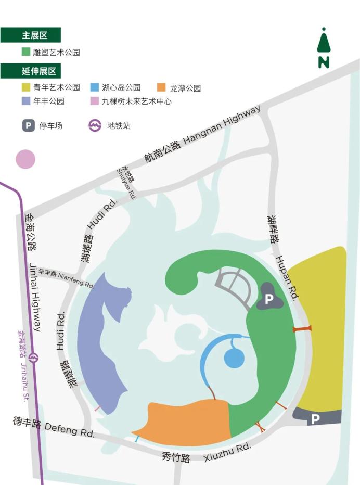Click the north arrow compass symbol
pyautogui.click(x=324, y=48)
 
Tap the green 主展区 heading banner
pyautogui.click(x=31, y=35)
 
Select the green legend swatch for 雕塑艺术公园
pyautogui.click(x=25, y=52)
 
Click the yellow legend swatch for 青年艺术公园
pyautogui.click(x=25, y=87)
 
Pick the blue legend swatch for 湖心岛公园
pyautogui.click(x=94, y=87)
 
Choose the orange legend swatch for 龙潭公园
pyautogui.click(x=161, y=87)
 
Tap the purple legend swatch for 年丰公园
pyautogui.click(x=25, y=101)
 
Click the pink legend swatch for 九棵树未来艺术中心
pyautogui.click(x=94, y=101)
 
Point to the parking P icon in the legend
pyautogui.click(x=29, y=125)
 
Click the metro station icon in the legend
pyautogui.click(x=95, y=125)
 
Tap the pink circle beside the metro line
pyautogui.click(x=25, y=159)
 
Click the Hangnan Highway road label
pyautogui.click(x=203, y=134)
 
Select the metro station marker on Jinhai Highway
pyautogui.click(x=34, y=358)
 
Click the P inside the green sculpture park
pyautogui.click(x=268, y=299)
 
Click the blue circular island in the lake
pyautogui.click(x=234, y=358)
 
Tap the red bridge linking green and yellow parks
pyautogui.click(x=302, y=328)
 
